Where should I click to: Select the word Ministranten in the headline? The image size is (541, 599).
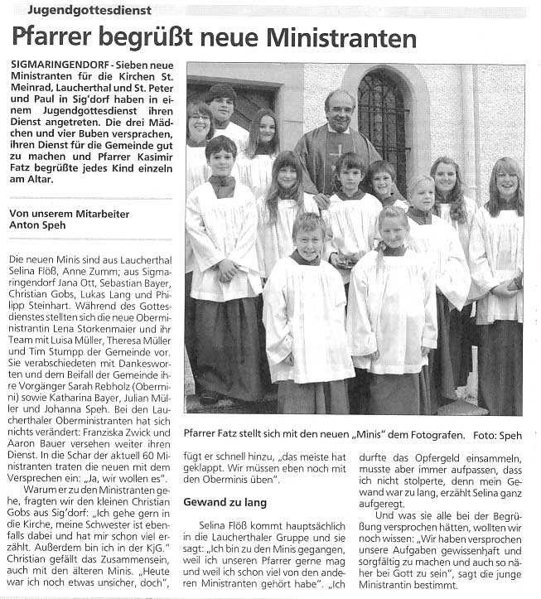(346, 38)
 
